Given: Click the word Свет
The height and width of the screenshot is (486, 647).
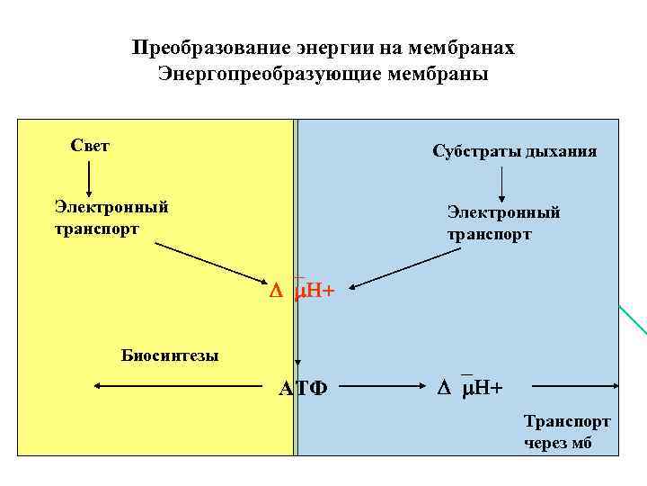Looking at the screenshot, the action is tap(90, 146).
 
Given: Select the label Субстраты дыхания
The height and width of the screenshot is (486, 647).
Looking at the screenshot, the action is tap(514, 151).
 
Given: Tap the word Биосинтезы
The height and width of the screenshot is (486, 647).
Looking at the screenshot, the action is tap(170, 355).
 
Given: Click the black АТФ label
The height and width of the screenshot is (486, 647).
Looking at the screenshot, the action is tap(303, 389).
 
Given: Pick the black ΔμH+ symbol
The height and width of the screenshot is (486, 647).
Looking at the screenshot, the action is tap(470, 388).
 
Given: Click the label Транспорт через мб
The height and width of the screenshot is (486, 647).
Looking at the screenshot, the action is tap(567, 432).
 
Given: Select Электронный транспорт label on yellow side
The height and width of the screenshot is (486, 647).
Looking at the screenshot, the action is tap(111, 218).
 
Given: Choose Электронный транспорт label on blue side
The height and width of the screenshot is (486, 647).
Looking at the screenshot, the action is tap(503, 223).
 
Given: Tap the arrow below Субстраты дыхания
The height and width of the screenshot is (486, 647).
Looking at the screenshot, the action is tap(501, 184).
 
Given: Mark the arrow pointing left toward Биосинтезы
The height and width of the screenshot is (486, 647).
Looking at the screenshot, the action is tap(179, 387).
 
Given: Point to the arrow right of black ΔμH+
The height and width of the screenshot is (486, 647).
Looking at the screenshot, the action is tap(575, 387).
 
